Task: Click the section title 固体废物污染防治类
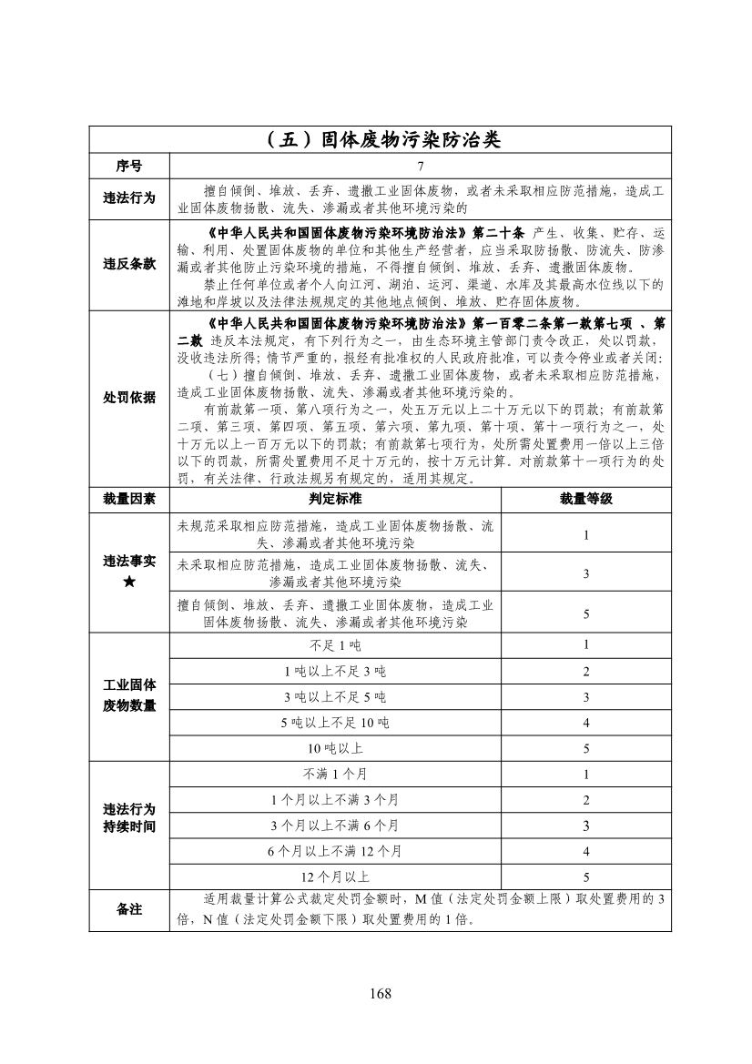[x=380, y=140]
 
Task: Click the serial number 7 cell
[x=421, y=167]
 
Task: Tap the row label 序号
[x=129, y=167]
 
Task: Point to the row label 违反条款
[x=129, y=264]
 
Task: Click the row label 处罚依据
[x=129, y=398]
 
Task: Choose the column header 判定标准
[x=335, y=499]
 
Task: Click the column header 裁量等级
[x=586, y=499]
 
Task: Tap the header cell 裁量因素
[x=129, y=499]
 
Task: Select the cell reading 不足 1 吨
[x=335, y=645]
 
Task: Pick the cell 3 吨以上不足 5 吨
[x=335, y=697]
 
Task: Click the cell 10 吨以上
[x=335, y=749]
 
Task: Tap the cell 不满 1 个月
[x=335, y=775]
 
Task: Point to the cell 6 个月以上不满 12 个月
[x=335, y=852]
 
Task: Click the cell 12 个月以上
[x=335, y=877]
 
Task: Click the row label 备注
[x=129, y=909]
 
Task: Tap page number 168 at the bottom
[x=380, y=992]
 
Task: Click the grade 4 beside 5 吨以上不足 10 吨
[x=586, y=723]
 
